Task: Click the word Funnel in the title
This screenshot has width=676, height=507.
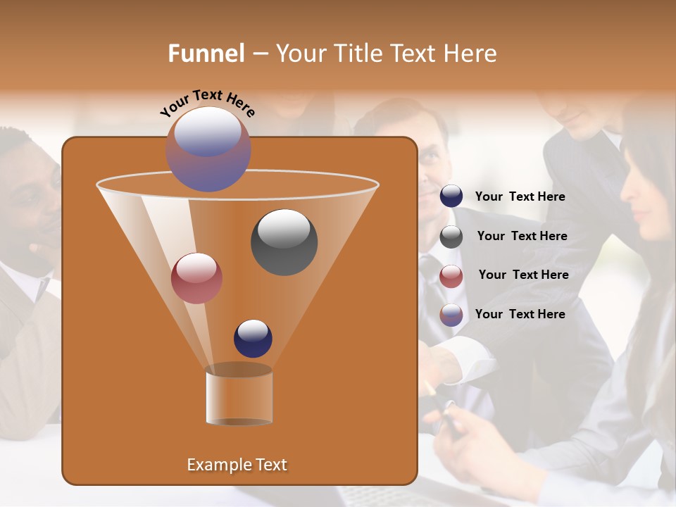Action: coord(206,54)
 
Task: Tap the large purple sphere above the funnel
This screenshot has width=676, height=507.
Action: coord(208,149)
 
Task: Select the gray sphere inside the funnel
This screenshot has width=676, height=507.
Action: coord(284,242)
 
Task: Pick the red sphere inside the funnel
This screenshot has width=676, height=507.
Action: coord(196,278)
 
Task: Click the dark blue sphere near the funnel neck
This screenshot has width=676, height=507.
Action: coord(253,338)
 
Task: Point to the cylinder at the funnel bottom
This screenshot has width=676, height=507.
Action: coord(239,396)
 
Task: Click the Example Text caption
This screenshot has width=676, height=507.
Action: coord(237,465)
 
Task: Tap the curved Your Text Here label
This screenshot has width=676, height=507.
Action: coord(207,103)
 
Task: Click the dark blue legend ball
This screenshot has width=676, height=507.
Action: coord(451,196)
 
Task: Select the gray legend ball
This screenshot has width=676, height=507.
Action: coord(451,237)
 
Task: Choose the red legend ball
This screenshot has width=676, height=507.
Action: coord(451,276)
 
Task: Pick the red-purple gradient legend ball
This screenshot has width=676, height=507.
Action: coord(451,315)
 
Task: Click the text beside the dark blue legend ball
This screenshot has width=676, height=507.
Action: coord(520,197)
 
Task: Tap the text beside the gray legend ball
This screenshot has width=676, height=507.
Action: coord(522,237)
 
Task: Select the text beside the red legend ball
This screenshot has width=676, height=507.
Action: coord(523,275)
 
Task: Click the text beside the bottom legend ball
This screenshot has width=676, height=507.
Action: coord(520,314)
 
